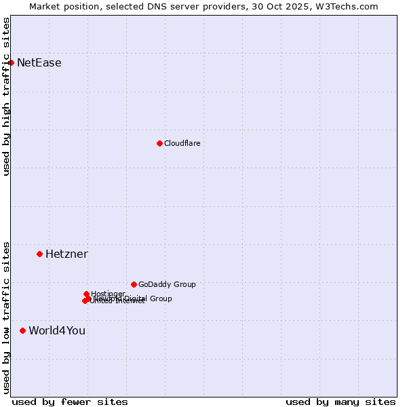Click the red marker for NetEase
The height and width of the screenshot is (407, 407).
pos(11,62)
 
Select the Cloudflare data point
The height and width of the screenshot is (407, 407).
pos(159,143)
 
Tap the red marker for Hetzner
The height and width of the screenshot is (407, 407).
pos(39,254)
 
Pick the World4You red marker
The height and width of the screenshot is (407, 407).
pos(22,330)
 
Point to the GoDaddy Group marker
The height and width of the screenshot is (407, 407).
pos(134,284)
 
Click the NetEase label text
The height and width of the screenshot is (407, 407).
pos(39,63)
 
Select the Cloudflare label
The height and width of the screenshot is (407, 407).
pos(182,144)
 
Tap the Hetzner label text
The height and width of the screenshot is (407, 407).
pos(66,254)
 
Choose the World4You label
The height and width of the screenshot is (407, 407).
pos(57,331)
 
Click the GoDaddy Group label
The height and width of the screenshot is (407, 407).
pos(167,285)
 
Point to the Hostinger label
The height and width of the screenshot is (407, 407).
pos(108,294)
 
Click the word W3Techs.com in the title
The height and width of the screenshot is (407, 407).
pos(350,6)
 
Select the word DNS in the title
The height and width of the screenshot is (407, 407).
pos(173,6)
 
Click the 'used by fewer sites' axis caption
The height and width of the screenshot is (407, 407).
pos(70,402)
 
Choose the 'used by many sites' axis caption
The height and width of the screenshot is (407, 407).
pos(341,402)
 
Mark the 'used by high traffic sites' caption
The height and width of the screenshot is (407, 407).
pos(6,96)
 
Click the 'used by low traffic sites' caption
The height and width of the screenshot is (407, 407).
pos(6,317)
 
